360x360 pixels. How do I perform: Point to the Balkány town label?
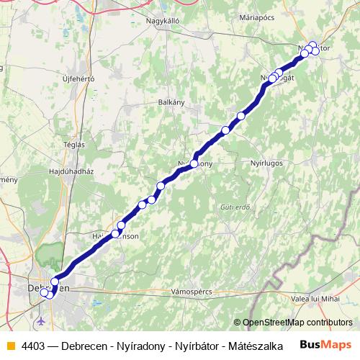point(171,102)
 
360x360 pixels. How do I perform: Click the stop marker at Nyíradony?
point(194,163)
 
